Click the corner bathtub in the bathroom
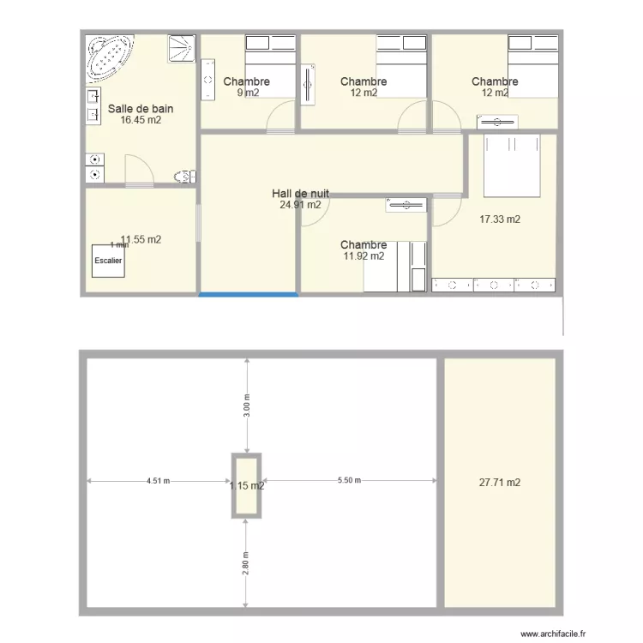109,57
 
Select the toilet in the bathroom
183,177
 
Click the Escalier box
108,261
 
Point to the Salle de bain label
141,109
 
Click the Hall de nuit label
300,194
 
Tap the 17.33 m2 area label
500,219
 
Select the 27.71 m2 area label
499,483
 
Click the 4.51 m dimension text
159,481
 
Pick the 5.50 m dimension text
349,481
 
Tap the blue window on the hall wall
249,295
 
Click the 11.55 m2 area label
141,240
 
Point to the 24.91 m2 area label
300,205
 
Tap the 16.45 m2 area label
141,121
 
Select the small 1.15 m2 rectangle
246,485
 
